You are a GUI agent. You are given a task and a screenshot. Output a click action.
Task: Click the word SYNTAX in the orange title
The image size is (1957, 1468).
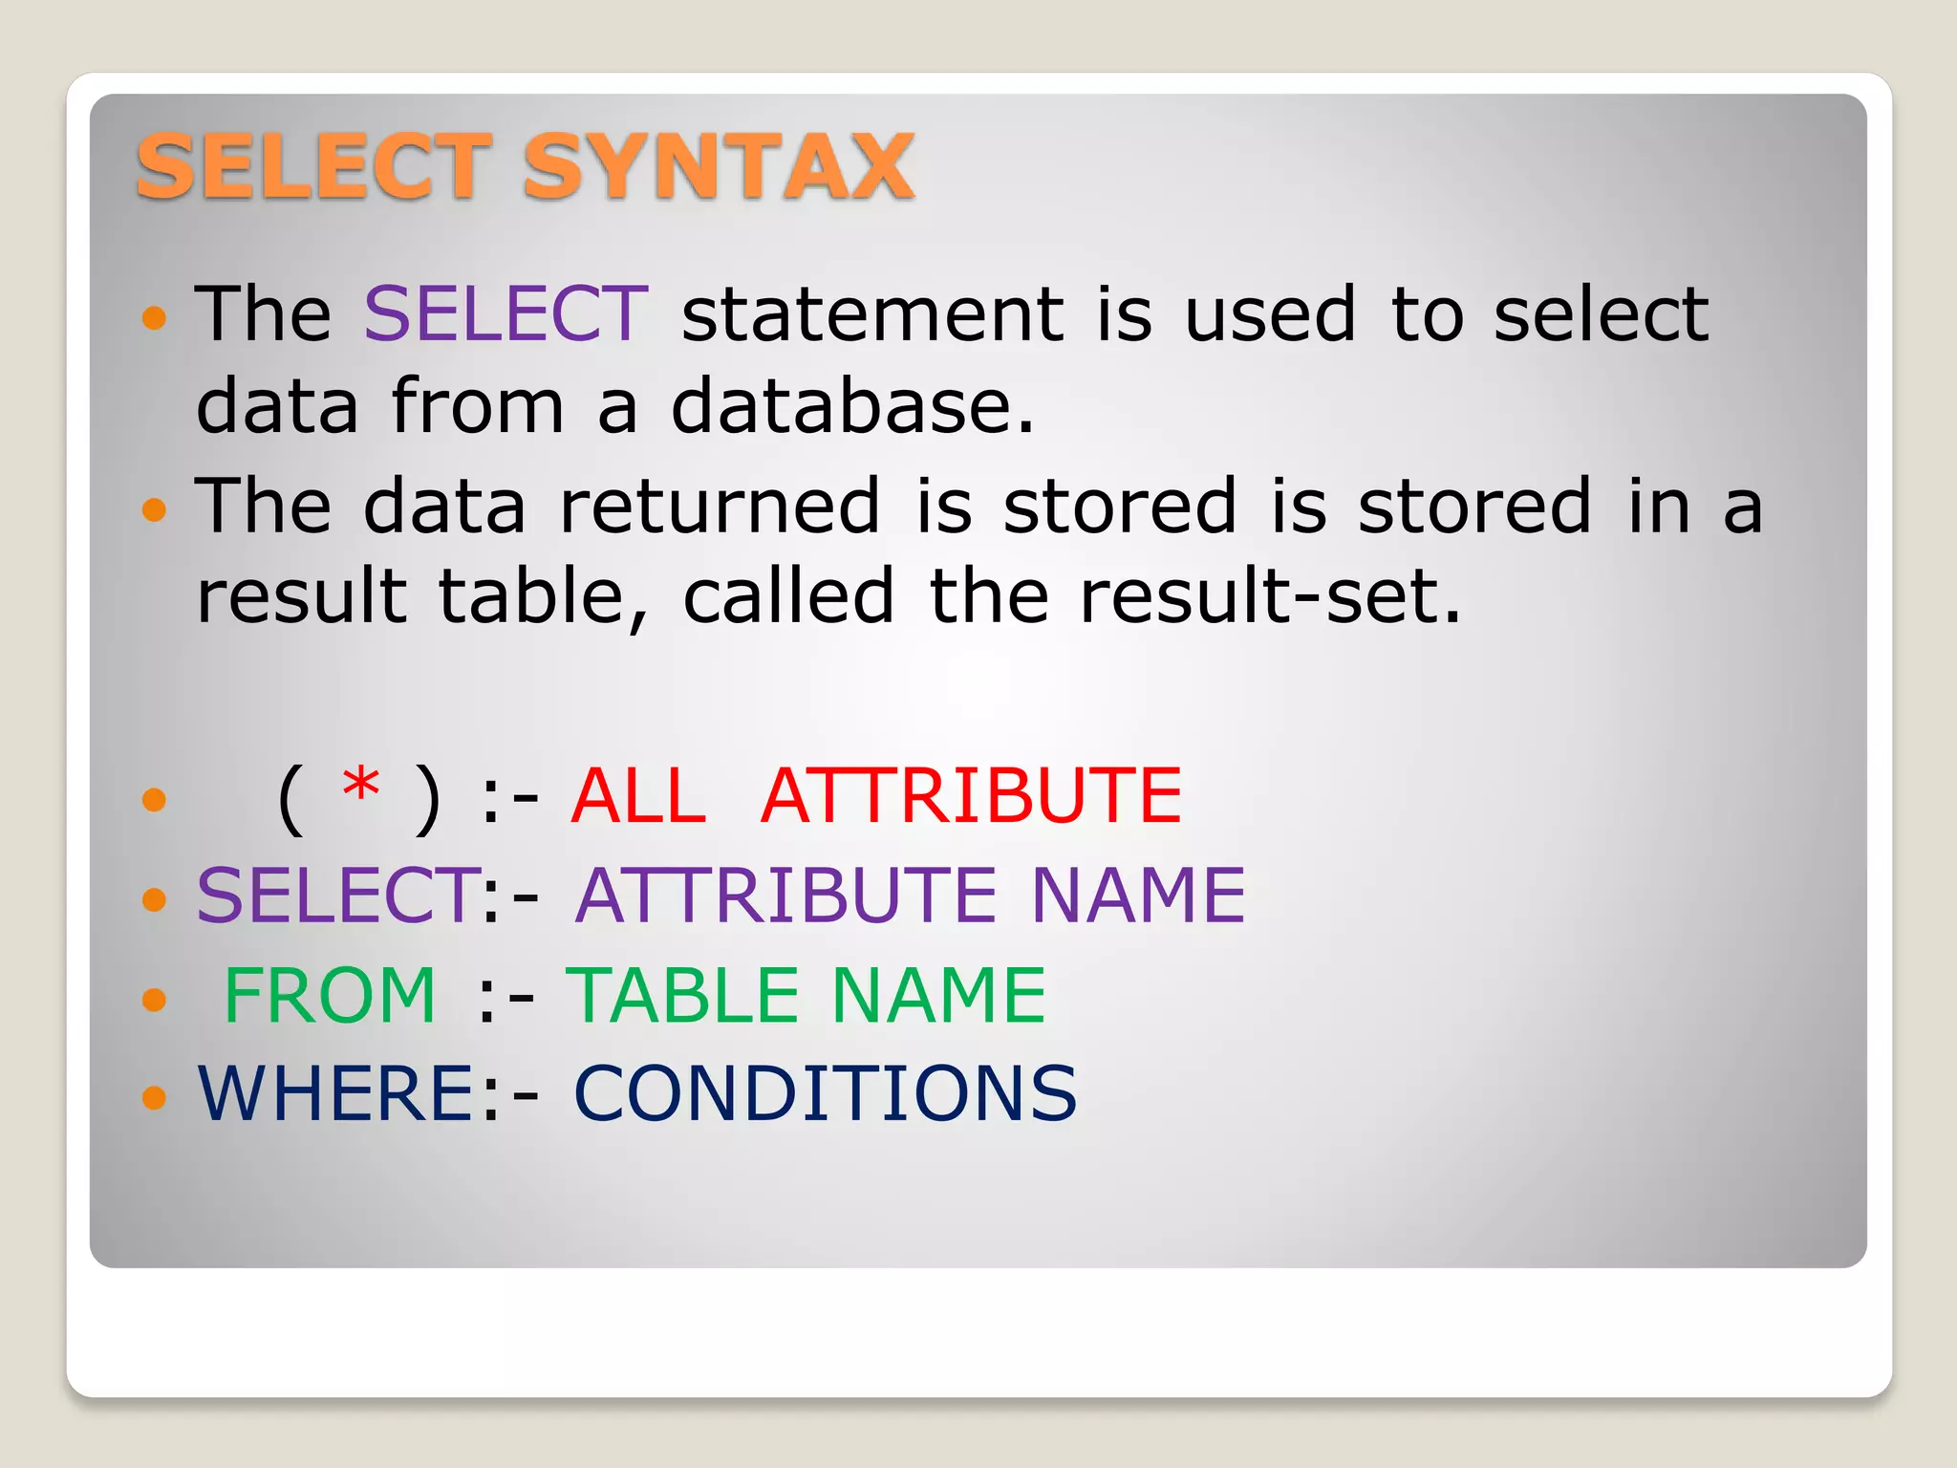pos(719,167)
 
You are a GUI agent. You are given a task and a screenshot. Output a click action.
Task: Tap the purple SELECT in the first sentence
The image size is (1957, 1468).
pos(506,313)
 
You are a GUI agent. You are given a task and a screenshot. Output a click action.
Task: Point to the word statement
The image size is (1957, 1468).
pos(872,313)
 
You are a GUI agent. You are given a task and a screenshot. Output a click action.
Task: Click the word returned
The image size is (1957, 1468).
pos(719,505)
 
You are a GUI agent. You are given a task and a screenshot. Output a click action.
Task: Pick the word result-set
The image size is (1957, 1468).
pos(1270,595)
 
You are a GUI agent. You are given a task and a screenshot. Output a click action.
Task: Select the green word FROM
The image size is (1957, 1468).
pos(330,995)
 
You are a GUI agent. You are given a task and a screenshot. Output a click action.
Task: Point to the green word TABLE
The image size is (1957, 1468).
pos(682,995)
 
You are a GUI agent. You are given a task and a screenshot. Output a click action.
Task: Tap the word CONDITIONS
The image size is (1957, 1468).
pos(825,1093)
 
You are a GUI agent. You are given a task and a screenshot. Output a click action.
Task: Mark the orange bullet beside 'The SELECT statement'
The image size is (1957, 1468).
pos(154,317)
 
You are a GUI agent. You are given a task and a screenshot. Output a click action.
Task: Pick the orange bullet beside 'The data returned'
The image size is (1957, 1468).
pos(154,508)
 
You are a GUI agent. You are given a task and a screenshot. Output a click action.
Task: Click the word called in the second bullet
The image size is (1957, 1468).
pos(788,595)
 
